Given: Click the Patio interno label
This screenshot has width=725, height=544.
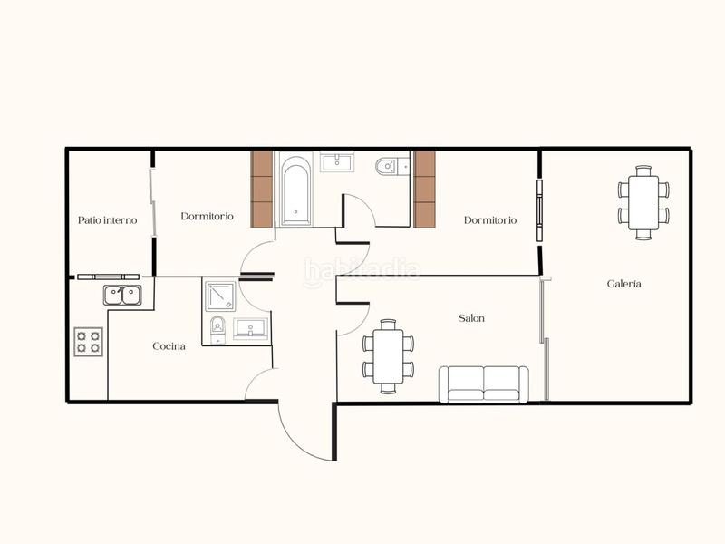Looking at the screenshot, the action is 107,220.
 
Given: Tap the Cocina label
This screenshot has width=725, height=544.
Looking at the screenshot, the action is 169,346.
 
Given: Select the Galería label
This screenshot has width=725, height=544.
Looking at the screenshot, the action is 623,284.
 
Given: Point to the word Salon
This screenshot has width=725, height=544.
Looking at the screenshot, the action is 471,318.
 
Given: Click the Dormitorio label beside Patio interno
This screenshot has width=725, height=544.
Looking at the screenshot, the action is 208,216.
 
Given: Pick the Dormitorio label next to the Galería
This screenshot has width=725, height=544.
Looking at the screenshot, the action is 490,220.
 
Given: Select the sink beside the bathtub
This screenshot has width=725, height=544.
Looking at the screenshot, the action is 337,163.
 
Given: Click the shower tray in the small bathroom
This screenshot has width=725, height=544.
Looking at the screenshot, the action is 220,296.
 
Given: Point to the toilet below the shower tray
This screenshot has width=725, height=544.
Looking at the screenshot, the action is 217,330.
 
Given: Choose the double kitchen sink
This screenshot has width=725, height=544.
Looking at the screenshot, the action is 122,296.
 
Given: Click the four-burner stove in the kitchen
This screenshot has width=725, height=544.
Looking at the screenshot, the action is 89,342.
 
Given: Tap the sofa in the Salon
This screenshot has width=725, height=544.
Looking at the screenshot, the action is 484,384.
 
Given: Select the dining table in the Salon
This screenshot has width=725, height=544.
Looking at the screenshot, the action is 388,356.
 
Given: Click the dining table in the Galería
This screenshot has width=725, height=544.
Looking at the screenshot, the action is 643,202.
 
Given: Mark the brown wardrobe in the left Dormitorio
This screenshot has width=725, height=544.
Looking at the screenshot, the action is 262,189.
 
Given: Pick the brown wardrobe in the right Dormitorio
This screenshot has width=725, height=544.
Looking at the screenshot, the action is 424,189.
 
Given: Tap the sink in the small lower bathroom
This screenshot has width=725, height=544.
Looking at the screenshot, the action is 251,329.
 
